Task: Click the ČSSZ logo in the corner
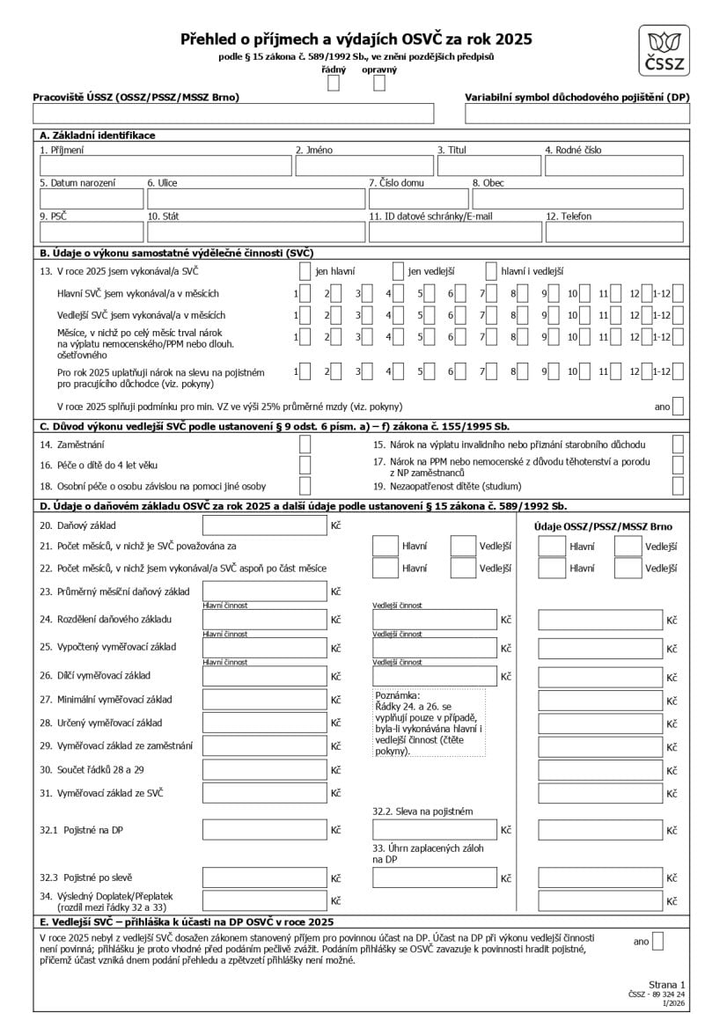pos(665,52)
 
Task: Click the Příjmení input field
pos(164,166)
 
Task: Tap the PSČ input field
pos(89,232)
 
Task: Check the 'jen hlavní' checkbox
pos(305,271)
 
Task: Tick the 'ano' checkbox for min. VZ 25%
pos(678,406)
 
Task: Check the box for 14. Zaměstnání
pos(305,444)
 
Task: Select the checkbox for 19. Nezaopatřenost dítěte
pos(678,485)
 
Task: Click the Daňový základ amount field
pos(265,525)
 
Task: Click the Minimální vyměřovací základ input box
pos(265,700)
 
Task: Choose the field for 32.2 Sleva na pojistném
pos(435,829)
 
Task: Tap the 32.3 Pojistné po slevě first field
pos(265,877)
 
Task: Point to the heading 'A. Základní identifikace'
pos(98,136)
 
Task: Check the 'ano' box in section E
pos(657,941)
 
